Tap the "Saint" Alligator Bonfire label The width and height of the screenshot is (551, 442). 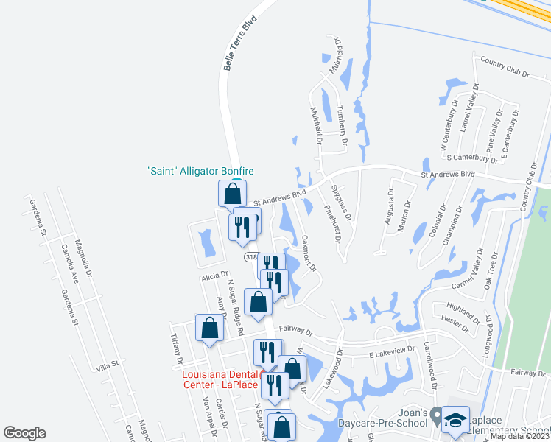(200, 171)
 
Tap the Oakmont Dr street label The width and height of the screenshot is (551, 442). (309, 252)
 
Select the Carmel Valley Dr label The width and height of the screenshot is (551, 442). (465, 278)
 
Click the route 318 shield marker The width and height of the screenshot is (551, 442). (251, 257)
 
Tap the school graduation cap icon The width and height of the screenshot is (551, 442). (456, 420)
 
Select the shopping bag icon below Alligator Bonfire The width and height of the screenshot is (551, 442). (233, 194)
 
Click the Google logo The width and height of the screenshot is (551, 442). (24, 433)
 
